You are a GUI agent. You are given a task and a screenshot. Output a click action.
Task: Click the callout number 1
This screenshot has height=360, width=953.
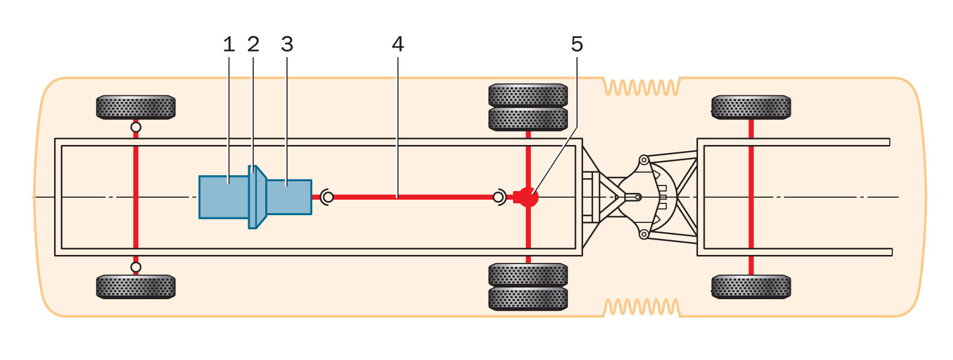229,44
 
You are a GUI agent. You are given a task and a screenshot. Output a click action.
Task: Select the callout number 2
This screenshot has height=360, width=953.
253,44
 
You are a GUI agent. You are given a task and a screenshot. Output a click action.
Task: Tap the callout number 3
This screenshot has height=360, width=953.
287,44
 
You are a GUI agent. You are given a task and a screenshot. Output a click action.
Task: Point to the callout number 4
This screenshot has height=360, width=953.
398,44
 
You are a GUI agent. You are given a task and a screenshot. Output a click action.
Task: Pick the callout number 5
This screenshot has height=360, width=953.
576,44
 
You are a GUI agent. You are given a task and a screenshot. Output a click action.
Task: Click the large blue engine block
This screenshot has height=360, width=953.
224,197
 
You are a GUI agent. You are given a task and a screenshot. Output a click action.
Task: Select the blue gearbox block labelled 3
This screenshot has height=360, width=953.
289,197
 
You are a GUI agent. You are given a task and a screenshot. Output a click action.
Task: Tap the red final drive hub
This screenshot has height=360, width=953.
528,197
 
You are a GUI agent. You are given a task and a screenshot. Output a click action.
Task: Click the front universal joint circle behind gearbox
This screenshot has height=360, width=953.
328,197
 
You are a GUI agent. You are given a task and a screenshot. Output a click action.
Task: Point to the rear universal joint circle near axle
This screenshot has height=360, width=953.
498,197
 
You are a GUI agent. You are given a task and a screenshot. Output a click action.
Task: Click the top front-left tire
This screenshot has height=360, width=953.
136,107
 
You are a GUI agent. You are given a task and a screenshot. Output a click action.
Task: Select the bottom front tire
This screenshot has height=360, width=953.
136,286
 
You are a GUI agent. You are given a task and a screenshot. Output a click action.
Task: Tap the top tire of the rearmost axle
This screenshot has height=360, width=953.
751,107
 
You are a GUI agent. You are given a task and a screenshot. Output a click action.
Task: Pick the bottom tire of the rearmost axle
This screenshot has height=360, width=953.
751,286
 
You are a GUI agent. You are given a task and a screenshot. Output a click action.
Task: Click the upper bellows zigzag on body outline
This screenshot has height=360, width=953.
641,87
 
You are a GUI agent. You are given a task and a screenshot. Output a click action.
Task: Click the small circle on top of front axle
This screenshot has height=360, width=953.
136,127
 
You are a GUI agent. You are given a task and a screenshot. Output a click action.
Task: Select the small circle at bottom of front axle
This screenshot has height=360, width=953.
136,267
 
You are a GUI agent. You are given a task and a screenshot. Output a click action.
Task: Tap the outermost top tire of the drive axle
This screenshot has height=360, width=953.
528,95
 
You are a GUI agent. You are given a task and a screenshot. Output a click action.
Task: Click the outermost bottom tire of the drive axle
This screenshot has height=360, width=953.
528,298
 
